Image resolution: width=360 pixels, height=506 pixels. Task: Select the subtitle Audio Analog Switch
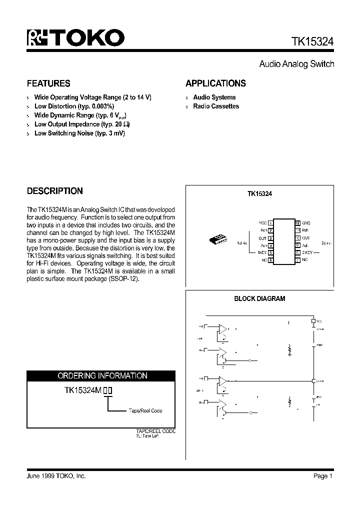click(296, 64)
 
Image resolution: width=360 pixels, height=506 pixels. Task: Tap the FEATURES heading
click(48, 83)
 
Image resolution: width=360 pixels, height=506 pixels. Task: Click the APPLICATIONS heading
click(215, 83)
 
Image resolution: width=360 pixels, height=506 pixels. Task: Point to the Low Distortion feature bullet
click(74, 106)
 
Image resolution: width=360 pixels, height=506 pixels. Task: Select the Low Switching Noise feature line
click(79, 133)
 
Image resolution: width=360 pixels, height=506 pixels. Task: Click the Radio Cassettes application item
click(216, 106)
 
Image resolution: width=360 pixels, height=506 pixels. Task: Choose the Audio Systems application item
click(214, 97)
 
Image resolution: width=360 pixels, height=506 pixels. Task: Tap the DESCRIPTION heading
click(54, 191)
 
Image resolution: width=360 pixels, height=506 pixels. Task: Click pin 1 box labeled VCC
click(270, 223)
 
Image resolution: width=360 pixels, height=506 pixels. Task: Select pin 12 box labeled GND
click(297, 223)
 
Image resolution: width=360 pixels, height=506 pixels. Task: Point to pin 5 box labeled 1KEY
click(270, 253)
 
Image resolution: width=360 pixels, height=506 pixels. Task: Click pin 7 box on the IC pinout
click(297, 260)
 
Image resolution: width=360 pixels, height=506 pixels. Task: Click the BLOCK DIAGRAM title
click(259, 298)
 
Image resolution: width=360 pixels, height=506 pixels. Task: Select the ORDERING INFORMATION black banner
click(101, 375)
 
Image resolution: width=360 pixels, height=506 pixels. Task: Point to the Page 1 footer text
click(323, 476)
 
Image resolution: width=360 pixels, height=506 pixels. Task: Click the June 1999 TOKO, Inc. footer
click(56, 476)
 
